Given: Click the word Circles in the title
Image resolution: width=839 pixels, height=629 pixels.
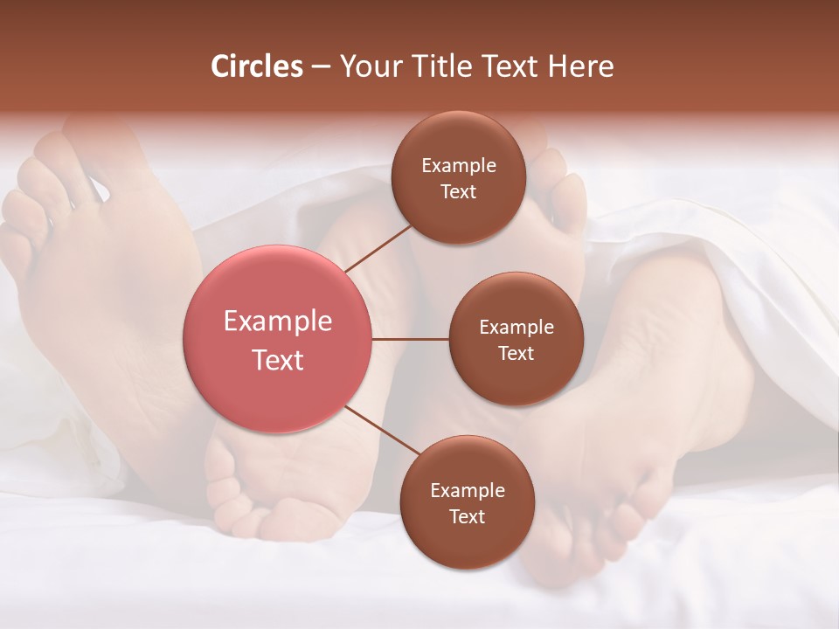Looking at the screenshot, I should (x=256, y=66).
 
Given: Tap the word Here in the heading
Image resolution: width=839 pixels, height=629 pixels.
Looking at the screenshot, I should (x=580, y=66).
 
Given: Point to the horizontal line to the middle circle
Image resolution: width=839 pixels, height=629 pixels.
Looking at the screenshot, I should (x=411, y=339).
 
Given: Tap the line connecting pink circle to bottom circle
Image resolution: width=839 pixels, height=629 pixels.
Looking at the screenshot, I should (x=380, y=431).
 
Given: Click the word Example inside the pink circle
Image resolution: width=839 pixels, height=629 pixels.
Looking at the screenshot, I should (x=278, y=321).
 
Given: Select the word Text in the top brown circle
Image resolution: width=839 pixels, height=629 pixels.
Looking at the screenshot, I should (x=459, y=191).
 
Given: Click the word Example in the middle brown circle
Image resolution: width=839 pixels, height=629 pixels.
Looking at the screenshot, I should (x=517, y=327).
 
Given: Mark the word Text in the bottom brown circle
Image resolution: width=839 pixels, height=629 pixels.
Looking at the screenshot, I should (x=467, y=516).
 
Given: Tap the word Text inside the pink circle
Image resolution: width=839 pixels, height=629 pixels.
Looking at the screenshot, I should (x=278, y=360).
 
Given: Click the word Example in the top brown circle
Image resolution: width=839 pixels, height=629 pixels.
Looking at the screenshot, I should (x=459, y=165).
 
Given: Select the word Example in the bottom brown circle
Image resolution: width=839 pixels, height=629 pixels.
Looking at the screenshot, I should (x=467, y=490).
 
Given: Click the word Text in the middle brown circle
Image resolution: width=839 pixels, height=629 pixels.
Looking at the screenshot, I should (x=517, y=353).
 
